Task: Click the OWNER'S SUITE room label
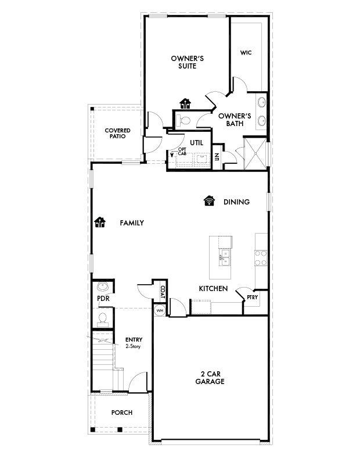coord(187,62)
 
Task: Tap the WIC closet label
coord(246,53)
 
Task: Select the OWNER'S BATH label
coord(235,120)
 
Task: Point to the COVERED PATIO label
coord(117,133)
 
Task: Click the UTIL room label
coord(196,143)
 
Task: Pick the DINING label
coord(236,202)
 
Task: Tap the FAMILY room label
coord(132,223)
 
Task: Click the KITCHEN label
coord(213,289)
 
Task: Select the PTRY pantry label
coord(252,297)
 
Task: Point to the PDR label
coord(103,299)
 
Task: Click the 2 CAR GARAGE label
coord(210,378)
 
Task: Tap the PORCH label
coord(122,413)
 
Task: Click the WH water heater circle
coord(160,310)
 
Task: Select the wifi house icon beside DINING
coord(209,201)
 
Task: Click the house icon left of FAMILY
coord(100,222)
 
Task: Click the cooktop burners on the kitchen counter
coord(260,258)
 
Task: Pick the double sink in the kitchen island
coord(225,257)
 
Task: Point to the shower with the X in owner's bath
coord(255,153)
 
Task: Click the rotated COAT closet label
coord(163,292)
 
